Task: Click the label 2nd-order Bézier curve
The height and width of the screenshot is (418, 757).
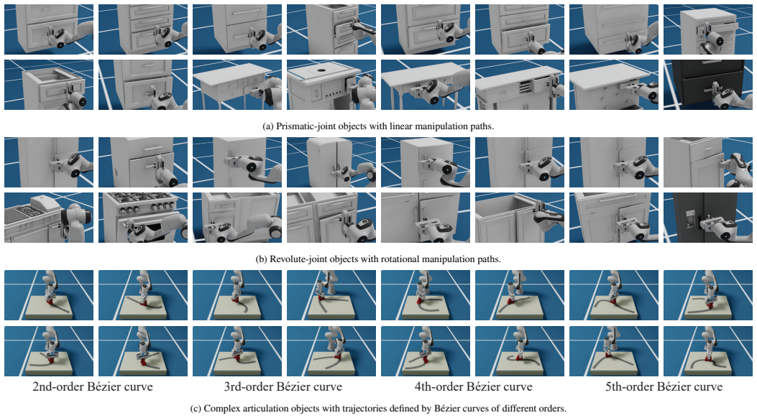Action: pyautogui.click(x=93, y=386)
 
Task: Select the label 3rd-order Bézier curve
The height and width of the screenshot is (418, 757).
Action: pyautogui.click(x=283, y=386)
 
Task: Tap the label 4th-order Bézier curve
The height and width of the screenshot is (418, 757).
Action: pyautogui.click(x=473, y=386)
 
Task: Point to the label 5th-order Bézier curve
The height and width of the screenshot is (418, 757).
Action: pyautogui.click(x=664, y=386)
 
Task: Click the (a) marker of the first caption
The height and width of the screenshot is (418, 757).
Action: pyautogui.click(x=268, y=126)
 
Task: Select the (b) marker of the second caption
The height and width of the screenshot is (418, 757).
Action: pyautogui.click(x=261, y=259)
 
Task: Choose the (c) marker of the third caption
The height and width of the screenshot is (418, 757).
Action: pyautogui.click(x=196, y=409)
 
